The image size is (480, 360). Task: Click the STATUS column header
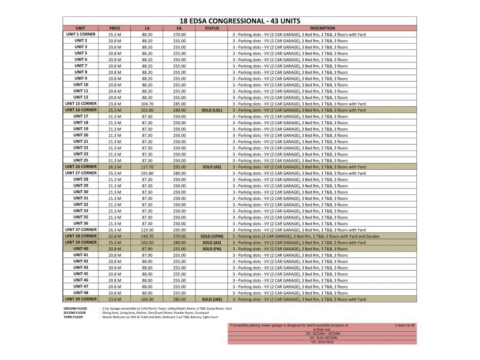[x=212, y=28]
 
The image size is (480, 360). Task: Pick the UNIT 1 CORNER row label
[x=81, y=34]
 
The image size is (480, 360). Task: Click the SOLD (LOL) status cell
[x=212, y=110]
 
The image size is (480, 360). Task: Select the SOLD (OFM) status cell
[x=212, y=236]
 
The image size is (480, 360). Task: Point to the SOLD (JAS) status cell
[x=212, y=299]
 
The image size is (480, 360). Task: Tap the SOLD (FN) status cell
[x=212, y=248]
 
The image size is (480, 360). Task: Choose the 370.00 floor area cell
[x=179, y=236]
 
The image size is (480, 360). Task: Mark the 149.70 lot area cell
[x=147, y=236]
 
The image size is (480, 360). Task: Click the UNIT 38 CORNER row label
[x=81, y=236]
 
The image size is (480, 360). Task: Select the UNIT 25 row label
[x=81, y=160]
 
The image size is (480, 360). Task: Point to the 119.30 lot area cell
[x=147, y=230]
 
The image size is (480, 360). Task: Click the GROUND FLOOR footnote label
[x=75, y=308]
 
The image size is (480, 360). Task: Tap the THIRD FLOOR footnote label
[x=74, y=317]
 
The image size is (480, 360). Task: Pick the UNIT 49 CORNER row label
[x=81, y=298]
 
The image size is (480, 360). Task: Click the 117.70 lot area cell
[x=147, y=167]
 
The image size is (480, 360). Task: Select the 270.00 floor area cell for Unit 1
[x=179, y=35]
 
